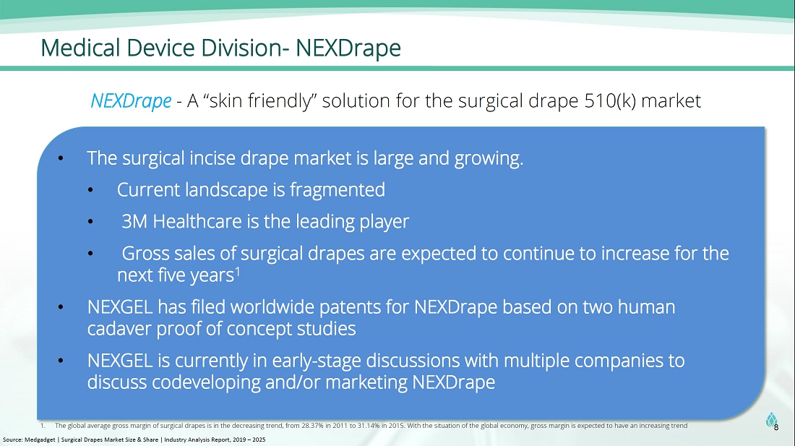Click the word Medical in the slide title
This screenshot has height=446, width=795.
pyautogui.click(x=81, y=48)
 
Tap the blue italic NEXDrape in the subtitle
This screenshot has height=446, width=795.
pyautogui.click(x=131, y=101)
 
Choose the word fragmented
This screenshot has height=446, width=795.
pyautogui.click(x=338, y=190)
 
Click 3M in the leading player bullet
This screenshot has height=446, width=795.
pyautogui.click(x=134, y=221)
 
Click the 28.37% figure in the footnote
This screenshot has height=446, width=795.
pyautogui.click(x=312, y=426)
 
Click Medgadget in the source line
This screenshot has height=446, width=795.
pyautogui.click(x=40, y=440)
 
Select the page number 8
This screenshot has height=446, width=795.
pyautogui.click(x=776, y=428)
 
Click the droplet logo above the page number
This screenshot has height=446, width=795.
pyautogui.click(x=771, y=419)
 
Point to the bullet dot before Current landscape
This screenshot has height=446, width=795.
pyautogui.click(x=90, y=191)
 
